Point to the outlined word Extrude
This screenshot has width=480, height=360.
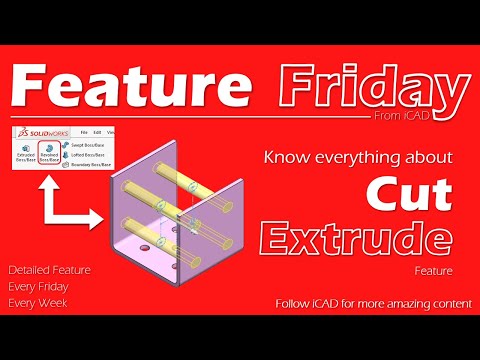coord(353,237)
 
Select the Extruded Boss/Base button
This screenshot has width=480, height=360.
coord(25,157)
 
